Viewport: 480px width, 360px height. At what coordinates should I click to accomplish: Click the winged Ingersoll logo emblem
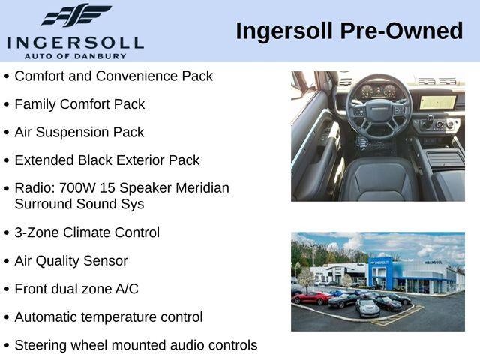point(76,15)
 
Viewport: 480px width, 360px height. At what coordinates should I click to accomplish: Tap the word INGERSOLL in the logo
point(75,43)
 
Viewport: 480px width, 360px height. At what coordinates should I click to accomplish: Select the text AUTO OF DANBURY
point(75,56)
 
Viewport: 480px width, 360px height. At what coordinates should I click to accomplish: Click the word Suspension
point(72,133)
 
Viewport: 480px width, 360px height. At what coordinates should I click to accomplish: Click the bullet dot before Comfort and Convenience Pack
point(7,76)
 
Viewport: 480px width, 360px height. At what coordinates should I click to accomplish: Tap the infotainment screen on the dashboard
point(438,102)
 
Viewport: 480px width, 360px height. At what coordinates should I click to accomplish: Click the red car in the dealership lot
point(311,298)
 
